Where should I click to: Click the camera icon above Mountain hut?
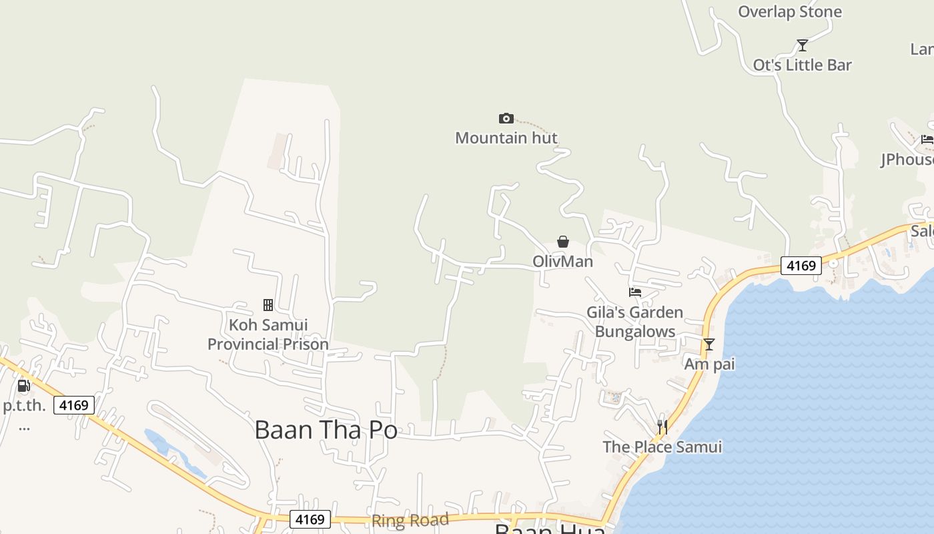point(506,119)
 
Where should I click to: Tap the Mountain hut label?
point(506,138)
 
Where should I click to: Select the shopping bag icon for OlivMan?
point(563,242)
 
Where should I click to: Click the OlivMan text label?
point(562,261)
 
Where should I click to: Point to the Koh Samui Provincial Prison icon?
point(268,305)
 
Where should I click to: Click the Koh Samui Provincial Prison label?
point(268,334)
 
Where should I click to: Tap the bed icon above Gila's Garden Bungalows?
point(635,292)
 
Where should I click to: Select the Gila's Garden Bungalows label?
point(634,322)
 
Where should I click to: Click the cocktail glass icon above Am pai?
point(709,344)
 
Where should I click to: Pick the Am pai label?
point(709,364)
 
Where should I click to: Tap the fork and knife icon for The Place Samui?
point(662,427)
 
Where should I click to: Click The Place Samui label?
point(662,447)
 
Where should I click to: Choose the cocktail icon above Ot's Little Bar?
point(803,45)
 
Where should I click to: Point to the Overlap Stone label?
point(790,11)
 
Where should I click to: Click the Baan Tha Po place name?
point(326,429)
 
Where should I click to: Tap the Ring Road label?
point(410,521)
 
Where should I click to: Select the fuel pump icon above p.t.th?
point(23,386)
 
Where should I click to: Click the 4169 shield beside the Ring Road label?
point(310,519)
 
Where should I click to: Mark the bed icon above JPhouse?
point(927,140)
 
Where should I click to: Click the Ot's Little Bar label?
point(802,65)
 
